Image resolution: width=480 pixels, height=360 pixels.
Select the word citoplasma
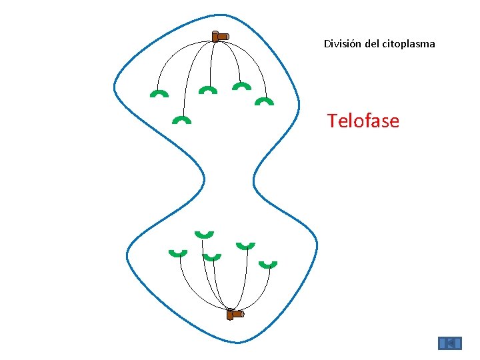[x=409, y=45]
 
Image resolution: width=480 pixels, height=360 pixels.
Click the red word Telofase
[x=363, y=121]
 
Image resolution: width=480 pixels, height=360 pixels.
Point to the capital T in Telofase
[x=332, y=121]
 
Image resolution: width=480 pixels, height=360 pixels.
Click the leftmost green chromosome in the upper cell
[x=159, y=93]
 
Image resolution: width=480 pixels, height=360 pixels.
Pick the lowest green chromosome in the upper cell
[x=181, y=120]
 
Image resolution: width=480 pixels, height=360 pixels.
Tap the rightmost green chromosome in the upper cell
[x=265, y=101]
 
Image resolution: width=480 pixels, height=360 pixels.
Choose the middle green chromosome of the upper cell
[x=208, y=89]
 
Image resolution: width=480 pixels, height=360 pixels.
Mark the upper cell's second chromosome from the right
[x=241, y=86]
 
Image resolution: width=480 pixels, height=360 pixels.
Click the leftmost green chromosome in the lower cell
[x=177, y=253]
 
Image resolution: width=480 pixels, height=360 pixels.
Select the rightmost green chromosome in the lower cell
[x=267, y=265]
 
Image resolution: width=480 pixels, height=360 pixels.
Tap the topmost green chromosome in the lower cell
[x=204, y=234]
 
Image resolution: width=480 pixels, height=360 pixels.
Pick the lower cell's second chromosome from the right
[x=246, y=245]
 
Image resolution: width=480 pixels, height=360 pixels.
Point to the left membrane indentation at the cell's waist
[x=203, y=179]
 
